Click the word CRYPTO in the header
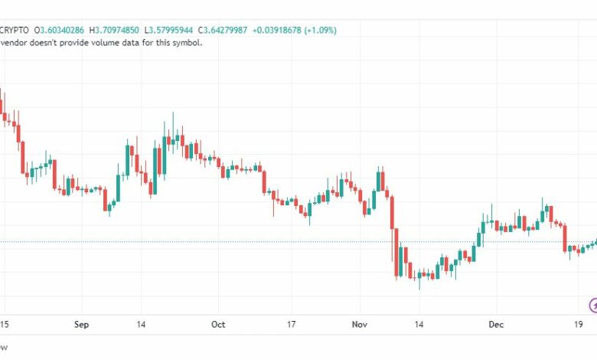(14, 30)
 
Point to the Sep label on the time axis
(82, 325)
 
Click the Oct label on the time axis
(218, 325)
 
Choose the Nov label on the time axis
(360, 325)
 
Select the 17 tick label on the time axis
(291, 325)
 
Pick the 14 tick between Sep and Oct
(142, 325)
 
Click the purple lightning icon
(592, 304)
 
